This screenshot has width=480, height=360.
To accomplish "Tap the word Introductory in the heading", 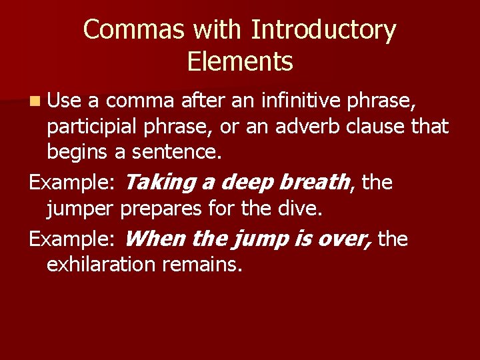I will point(323,31).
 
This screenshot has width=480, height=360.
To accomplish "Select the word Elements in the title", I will point(240,62).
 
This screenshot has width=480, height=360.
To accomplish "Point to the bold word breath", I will point(314,181).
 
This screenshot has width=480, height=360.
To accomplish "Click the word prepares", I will point(163,209).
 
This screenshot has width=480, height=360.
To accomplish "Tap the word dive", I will point(302,209).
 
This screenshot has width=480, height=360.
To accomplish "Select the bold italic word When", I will point(153,239).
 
